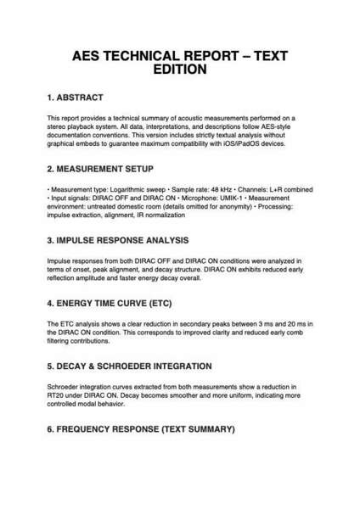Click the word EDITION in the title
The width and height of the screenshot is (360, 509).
click(180, 71)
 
